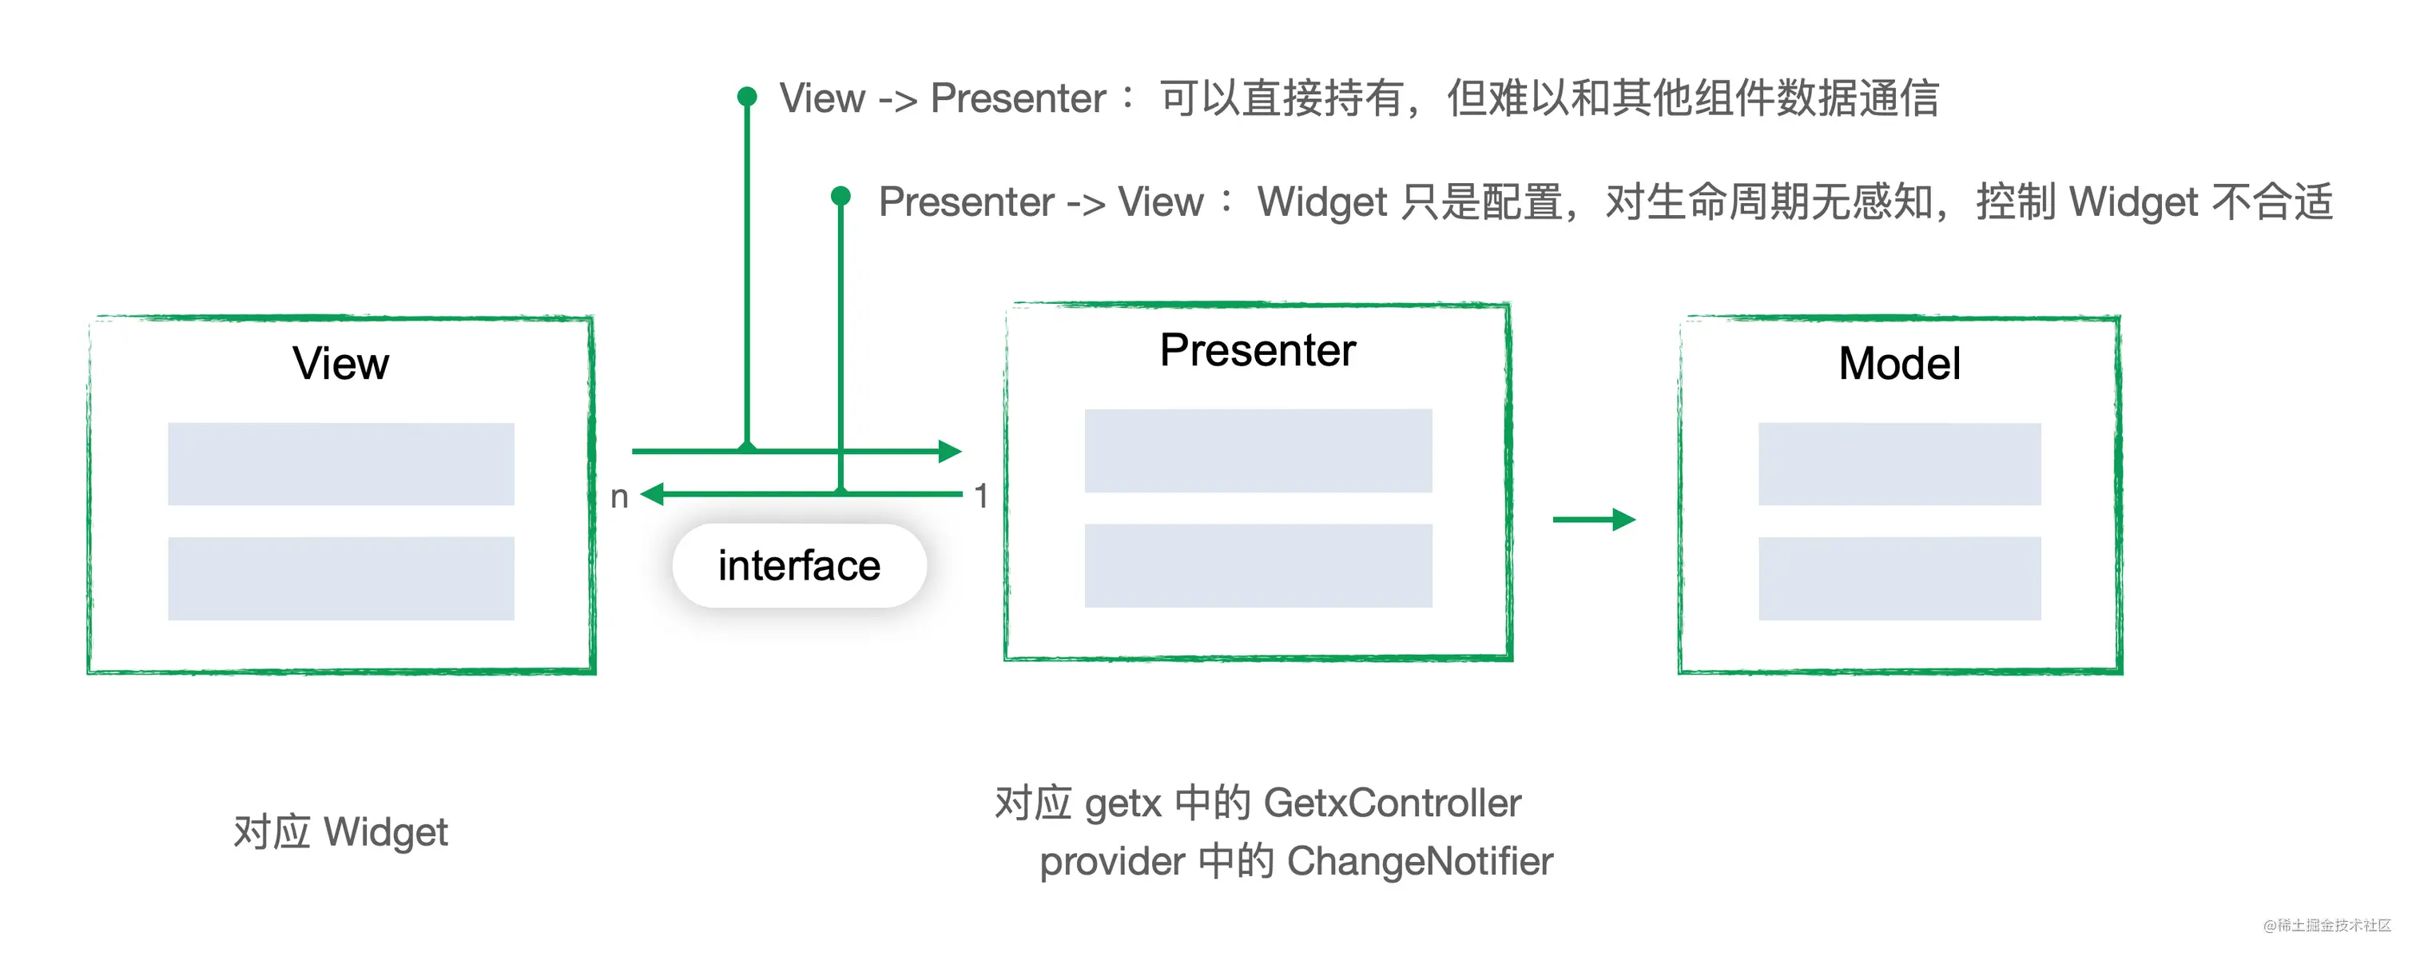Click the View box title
coord(340,364)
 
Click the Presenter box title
coord(1257,351)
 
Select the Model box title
coord(1898,364)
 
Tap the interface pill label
coord(799,566)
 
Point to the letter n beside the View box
coord(619,496)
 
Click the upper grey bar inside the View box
coord(340,464)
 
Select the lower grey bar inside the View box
coord(340,578)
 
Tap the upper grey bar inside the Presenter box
coord(1258,450)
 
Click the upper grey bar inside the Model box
coord(1898,464)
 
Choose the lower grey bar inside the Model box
coord(1898,578)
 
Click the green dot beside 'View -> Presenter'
coord(746,96)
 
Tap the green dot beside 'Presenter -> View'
coord(840,196)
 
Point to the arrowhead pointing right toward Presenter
coord(949,451)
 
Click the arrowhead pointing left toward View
coord(653,493)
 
